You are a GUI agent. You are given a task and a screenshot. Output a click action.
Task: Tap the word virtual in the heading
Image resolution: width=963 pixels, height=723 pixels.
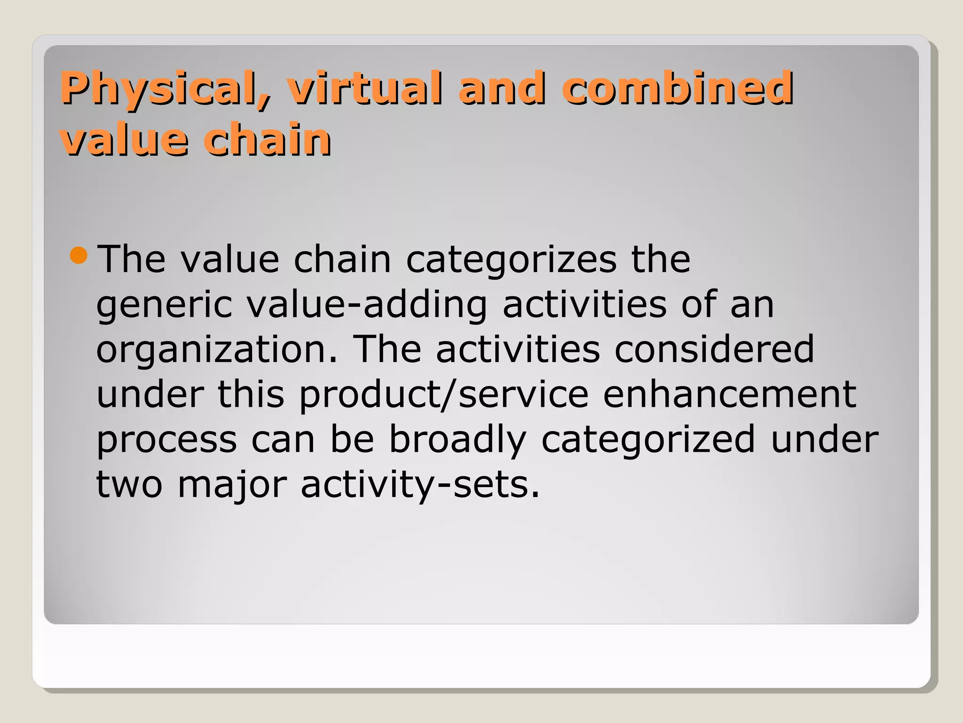pyautogui.click(x=365, y=88)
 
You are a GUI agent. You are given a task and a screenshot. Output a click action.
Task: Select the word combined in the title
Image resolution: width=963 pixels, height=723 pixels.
pyautogui.click(x=677, y=88)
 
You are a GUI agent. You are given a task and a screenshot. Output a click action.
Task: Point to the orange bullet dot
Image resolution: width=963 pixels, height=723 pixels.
pyautogui.click(x=79, y=256)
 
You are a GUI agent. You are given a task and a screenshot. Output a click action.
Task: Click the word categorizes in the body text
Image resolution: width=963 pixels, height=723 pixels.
pyautogui.click(x=511, y=260)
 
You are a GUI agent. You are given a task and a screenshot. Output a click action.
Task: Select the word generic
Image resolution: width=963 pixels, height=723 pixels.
pyautogui.click(x=164, y=305)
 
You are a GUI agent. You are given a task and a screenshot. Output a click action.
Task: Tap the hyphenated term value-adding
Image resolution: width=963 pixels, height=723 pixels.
pyautogui.click(x=367, y=305)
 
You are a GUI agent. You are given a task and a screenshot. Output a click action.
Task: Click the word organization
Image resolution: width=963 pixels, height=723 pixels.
pyautogui.click(x=216, y=350)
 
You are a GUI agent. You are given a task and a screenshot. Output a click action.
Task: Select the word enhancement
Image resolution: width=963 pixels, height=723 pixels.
pyautogui.click(x=729, y=394)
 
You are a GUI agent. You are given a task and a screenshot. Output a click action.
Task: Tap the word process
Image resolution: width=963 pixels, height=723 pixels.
pyautogui.click(x=166, y=440)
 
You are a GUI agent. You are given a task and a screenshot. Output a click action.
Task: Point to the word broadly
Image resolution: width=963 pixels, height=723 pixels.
pyautogui.click(x=457, y=440)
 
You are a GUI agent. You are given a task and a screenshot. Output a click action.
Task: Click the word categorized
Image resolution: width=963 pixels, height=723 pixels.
pyautogui.click(x=648, y=440)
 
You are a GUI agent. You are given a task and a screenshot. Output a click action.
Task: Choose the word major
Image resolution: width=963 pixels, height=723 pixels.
pyautogui.click(x=232, y=485)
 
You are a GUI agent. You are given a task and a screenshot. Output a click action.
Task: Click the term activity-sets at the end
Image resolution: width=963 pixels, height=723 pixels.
pyautogui.click(x=420, y=485)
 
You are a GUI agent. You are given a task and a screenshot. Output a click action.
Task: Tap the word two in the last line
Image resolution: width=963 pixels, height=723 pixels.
pyautogui.click(x=129, y=485)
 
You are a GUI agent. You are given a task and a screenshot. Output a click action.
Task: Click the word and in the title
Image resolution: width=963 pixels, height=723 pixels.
pyautogui.click(x=502, y=88)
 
